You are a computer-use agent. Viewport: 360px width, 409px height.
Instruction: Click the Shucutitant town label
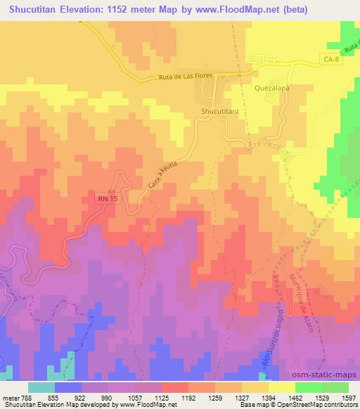pyautogui.click(x=219, y=111)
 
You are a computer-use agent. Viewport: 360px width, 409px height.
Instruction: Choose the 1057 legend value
pyautogui.click(x=136, y=397)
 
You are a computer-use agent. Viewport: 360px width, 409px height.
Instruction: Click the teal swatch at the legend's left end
pyautogui.click(x=41, y=387)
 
